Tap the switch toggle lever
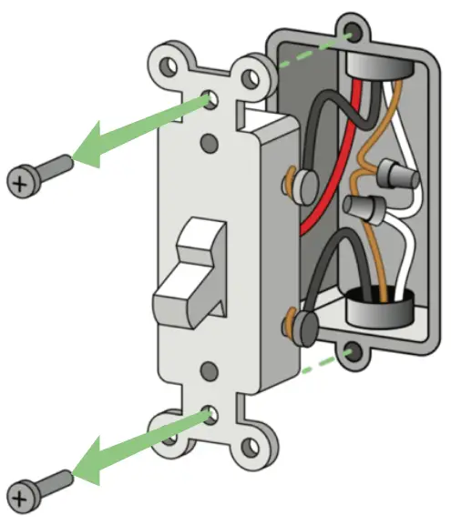187,278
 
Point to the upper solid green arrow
137,128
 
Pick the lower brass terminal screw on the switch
301,323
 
